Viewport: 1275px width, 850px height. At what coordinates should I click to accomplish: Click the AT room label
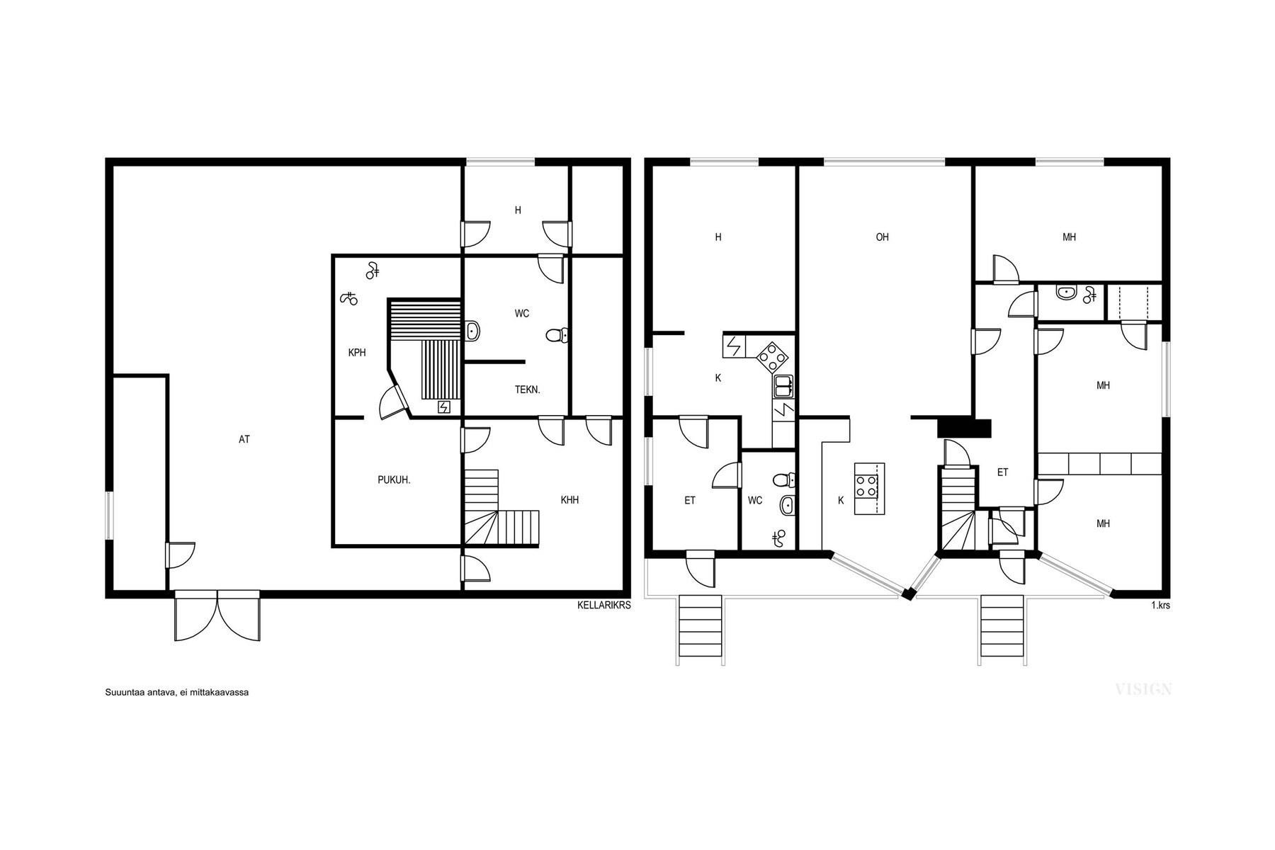click(x=244, y=440)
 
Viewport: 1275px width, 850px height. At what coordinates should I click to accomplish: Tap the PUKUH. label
click(x=394, y=480)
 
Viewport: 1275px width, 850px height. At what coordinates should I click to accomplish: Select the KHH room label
click(x=569, y=500)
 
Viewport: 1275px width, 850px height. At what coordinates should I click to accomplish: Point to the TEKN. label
click(x=527, y=390)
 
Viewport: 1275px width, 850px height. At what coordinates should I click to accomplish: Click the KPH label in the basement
click(x=357, y=353)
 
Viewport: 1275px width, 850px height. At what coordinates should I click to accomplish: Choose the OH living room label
click(x=882, y=237)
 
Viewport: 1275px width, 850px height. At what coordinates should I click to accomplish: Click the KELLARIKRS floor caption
click(x=603, y=606)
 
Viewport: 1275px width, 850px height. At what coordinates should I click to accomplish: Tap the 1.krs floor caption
click(x=1160, y=606)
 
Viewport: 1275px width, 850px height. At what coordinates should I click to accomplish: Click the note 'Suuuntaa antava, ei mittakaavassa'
click(x=176, y=692)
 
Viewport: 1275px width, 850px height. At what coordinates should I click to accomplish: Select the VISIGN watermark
click(x=1143, y=689)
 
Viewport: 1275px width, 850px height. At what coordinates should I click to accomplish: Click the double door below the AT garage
click(x=217, y=616)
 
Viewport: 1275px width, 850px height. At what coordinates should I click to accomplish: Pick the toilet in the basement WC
click(x=557, y=335)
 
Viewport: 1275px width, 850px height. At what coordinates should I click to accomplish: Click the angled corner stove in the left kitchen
click(x=773, y=357)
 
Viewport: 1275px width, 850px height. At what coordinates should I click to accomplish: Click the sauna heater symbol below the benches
click(x=444, y=407)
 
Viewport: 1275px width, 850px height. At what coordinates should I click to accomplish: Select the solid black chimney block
click(x=963, y=429)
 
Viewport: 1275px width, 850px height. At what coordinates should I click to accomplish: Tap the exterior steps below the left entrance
click(x=700, y=628)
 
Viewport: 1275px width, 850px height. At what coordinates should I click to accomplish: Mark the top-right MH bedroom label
click(x=1069, y=237)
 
